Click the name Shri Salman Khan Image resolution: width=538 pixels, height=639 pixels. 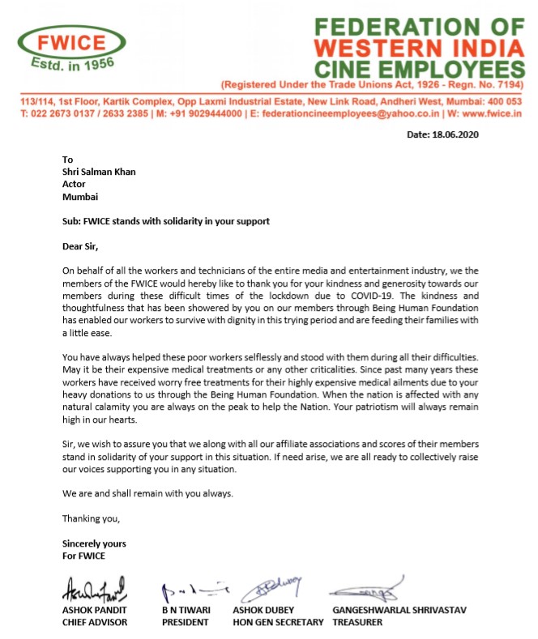point(102,172)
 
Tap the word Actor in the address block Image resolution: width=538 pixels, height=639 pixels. point(75,184)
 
